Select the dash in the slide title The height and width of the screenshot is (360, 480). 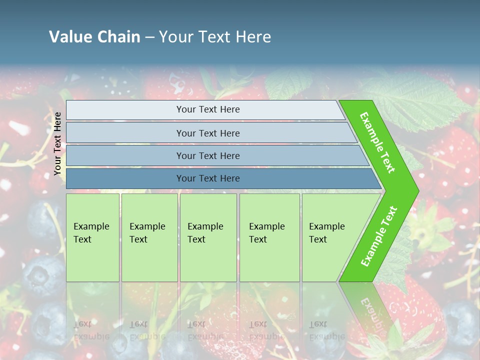[149, 37]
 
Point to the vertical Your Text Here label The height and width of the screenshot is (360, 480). [58, 143]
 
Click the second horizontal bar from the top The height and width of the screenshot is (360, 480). [208, 133]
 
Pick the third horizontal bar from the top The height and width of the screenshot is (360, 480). [208, 155]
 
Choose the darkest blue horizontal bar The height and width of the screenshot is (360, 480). [208, 178]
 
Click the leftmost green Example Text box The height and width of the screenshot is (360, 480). [92, 237]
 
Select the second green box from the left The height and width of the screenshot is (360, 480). [149, 237]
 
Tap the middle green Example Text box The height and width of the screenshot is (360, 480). [207, 237]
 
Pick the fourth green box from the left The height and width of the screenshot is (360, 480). [269, 237]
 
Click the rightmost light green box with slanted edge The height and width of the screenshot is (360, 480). [330, 237]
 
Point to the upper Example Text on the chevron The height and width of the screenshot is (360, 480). [377, 142]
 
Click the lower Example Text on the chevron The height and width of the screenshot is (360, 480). [379, 236]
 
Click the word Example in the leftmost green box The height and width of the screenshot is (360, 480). [91, 226]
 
